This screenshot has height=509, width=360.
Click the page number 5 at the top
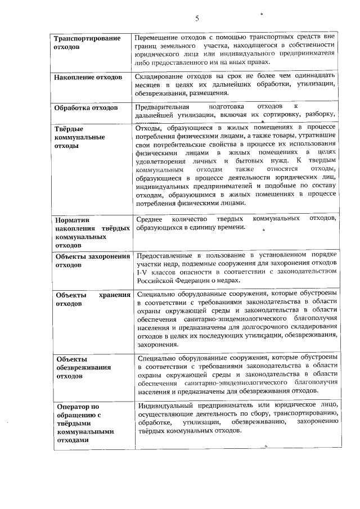[x=197, y=17]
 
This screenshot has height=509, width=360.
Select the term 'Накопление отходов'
[x=87, y=76]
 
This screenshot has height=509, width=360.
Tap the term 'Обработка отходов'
[x=85, y=107]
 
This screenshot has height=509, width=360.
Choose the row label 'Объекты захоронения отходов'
[x=92, y=260]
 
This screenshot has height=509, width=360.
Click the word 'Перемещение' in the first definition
[x=160, y=37]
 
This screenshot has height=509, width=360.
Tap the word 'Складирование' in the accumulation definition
[x=164, y=75]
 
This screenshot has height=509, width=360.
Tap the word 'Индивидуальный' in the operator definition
[x=167, y=405]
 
